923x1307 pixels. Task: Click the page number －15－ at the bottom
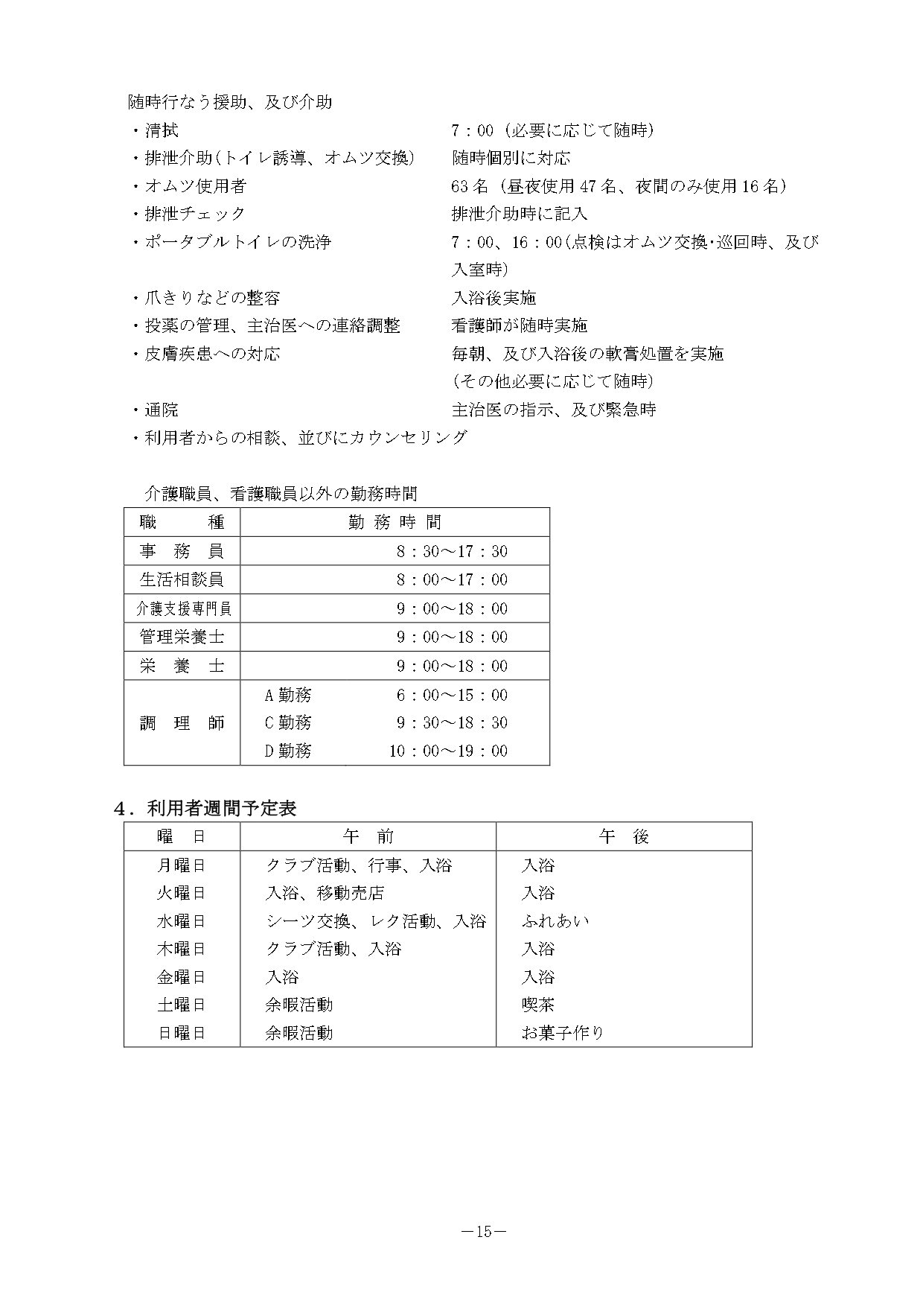pos(484,1232)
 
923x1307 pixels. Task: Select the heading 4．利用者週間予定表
pos(205,808)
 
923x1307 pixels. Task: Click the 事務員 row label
pos(182,551)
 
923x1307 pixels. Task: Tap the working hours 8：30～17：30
pos(452,551)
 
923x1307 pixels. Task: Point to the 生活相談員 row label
pos(182,579)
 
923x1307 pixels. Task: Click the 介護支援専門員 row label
pos(183,608)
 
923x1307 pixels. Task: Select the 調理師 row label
pos(182,722)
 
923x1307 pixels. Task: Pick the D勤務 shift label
pos(288,751)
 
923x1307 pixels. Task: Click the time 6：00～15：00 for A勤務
pos(452,695)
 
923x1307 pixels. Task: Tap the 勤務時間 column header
pos(395,522)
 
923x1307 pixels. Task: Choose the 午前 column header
pos(368,836)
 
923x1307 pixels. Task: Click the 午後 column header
pos(624,836)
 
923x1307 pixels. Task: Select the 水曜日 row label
pos(181,921)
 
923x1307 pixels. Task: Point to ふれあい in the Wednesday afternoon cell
pos(555,921)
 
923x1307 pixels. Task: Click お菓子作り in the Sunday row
pos(563,1033)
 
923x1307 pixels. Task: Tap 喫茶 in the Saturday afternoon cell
pos(538,1005)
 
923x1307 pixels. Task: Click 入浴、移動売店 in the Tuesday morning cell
pos(325,893)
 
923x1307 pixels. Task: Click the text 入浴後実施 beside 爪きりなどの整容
pos(494,298)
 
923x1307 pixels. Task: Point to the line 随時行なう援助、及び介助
pos(230,102)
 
